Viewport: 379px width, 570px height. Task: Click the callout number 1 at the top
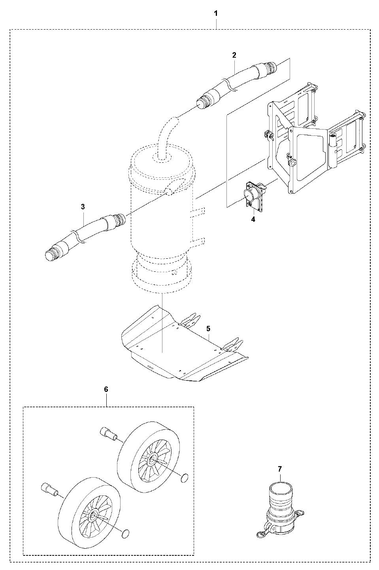click(x=216, y=13)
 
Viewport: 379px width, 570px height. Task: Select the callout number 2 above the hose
click(x=234, y=55)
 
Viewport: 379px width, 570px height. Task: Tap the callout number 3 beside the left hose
click(x=83, y=206)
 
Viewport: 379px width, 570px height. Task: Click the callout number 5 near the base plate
click(x=208, y=328)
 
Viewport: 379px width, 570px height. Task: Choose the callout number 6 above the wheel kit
click(x=106, y=389)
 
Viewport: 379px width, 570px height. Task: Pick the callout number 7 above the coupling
click(x=280, y=469)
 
